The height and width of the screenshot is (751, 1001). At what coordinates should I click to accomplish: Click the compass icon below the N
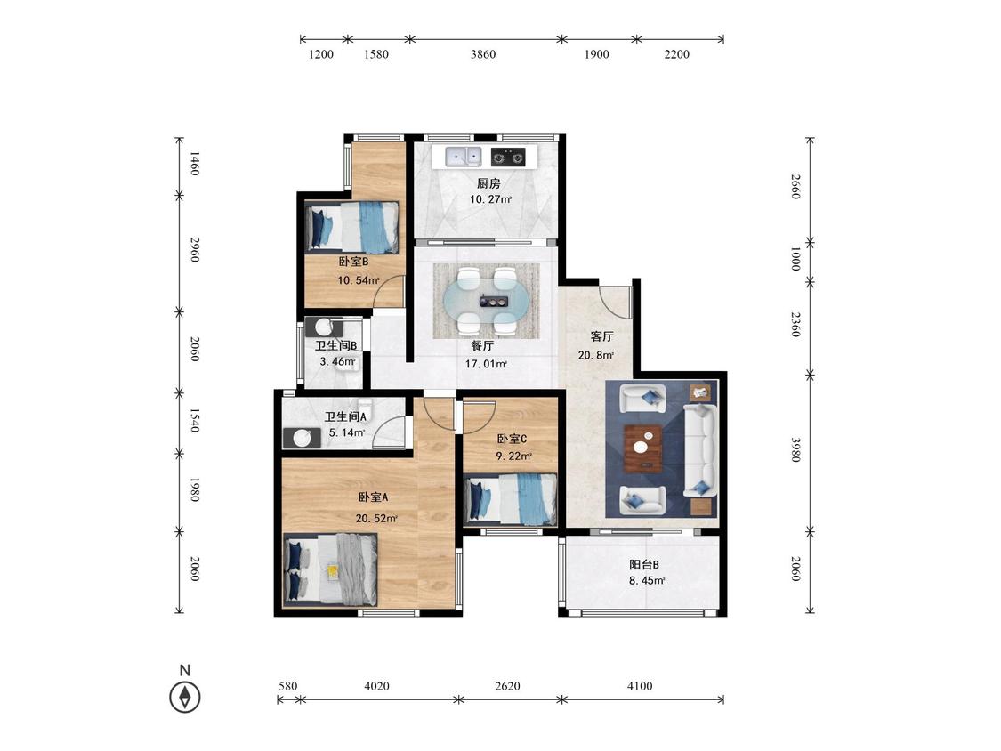(185, 697)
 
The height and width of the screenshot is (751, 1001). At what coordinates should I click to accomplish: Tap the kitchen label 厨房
(489, 183)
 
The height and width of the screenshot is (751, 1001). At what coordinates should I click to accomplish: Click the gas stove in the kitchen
(508, 156)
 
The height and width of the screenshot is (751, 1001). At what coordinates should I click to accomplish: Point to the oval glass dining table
(486, 301)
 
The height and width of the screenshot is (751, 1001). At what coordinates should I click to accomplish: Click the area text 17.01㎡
(487, 364)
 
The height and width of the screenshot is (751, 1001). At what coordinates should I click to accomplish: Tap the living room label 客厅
(601, 336)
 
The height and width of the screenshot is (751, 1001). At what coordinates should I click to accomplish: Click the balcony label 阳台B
(644, 564)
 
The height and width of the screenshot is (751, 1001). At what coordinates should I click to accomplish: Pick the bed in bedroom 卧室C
(511, 499)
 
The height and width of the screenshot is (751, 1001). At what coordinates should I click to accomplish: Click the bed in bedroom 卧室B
(352, 227)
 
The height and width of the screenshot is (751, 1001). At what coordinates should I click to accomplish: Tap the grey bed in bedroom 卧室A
(331, 569)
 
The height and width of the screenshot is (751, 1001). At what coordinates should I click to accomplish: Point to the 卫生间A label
(345, 417)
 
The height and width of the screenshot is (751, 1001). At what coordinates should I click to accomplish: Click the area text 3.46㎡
(338, 361)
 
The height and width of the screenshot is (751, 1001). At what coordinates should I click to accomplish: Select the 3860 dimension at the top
(483, 54)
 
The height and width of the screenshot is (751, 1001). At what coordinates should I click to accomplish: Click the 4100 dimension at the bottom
(640, 686)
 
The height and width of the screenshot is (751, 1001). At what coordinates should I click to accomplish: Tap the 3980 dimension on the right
(795, 449)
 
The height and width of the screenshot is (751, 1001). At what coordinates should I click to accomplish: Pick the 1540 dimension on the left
(195, 420)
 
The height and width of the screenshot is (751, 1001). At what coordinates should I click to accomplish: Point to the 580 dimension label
(288, 686)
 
